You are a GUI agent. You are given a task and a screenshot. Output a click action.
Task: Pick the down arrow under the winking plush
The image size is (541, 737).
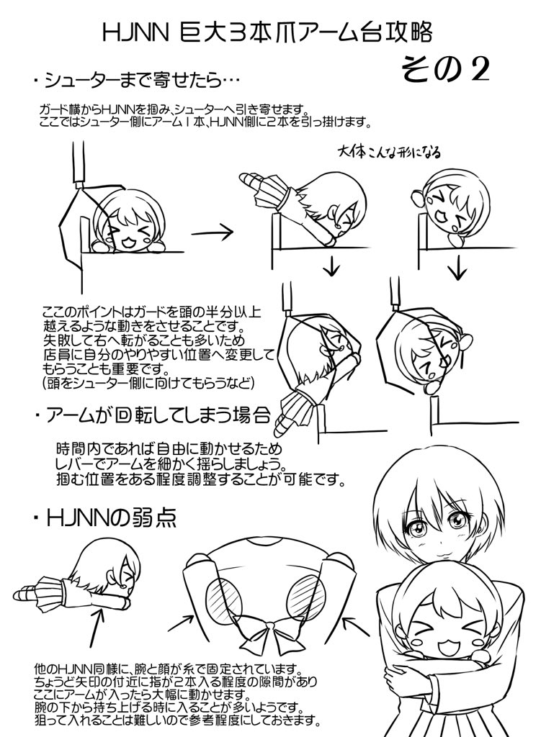tap(455, 268)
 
